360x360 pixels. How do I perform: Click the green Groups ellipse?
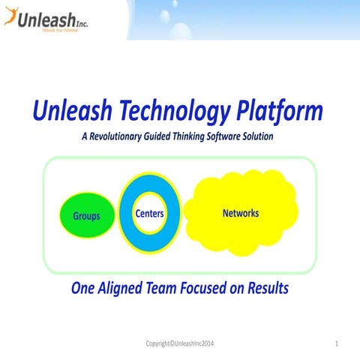click(86, 216)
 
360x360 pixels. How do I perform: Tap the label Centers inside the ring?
click(150, 214)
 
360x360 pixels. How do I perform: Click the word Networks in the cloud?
click(241, 213)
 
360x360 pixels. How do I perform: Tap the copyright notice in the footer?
click(184, 343)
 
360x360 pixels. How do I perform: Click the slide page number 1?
click(338, 343)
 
